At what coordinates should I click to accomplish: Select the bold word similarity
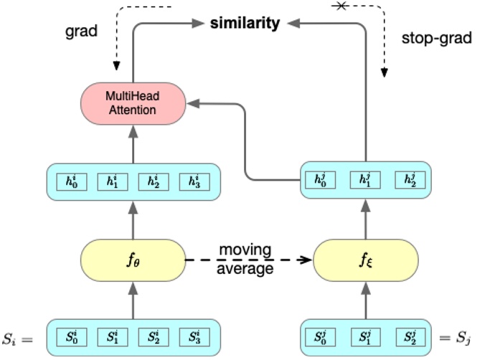click(x=245, y=23)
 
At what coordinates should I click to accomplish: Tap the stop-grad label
click(x=436, y=40)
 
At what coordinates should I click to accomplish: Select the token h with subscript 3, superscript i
click(x=189, y=181)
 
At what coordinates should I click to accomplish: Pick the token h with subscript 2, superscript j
click(x=410, y=180)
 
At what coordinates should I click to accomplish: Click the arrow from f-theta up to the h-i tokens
click(x=131, y=219)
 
